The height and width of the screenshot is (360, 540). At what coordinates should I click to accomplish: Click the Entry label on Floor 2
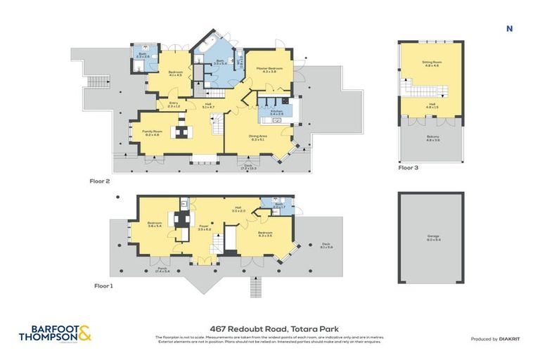point(173,105)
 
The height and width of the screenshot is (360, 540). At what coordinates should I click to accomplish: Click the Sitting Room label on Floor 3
point(430,63)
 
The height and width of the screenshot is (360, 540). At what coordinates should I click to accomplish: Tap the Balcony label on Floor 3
point(430,139)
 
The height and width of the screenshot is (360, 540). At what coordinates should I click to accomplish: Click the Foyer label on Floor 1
point(204,229)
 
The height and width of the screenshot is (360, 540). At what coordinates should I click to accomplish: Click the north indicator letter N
point(508,29)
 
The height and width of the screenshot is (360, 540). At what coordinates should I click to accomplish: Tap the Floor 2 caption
point(100,181)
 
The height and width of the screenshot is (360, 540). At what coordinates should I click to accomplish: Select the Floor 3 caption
point(409,168)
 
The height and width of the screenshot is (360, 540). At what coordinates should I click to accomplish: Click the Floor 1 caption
point(104,286)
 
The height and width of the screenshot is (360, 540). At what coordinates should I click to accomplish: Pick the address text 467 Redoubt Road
point(269,328)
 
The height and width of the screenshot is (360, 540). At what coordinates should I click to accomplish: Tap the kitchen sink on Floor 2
point(277,120)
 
